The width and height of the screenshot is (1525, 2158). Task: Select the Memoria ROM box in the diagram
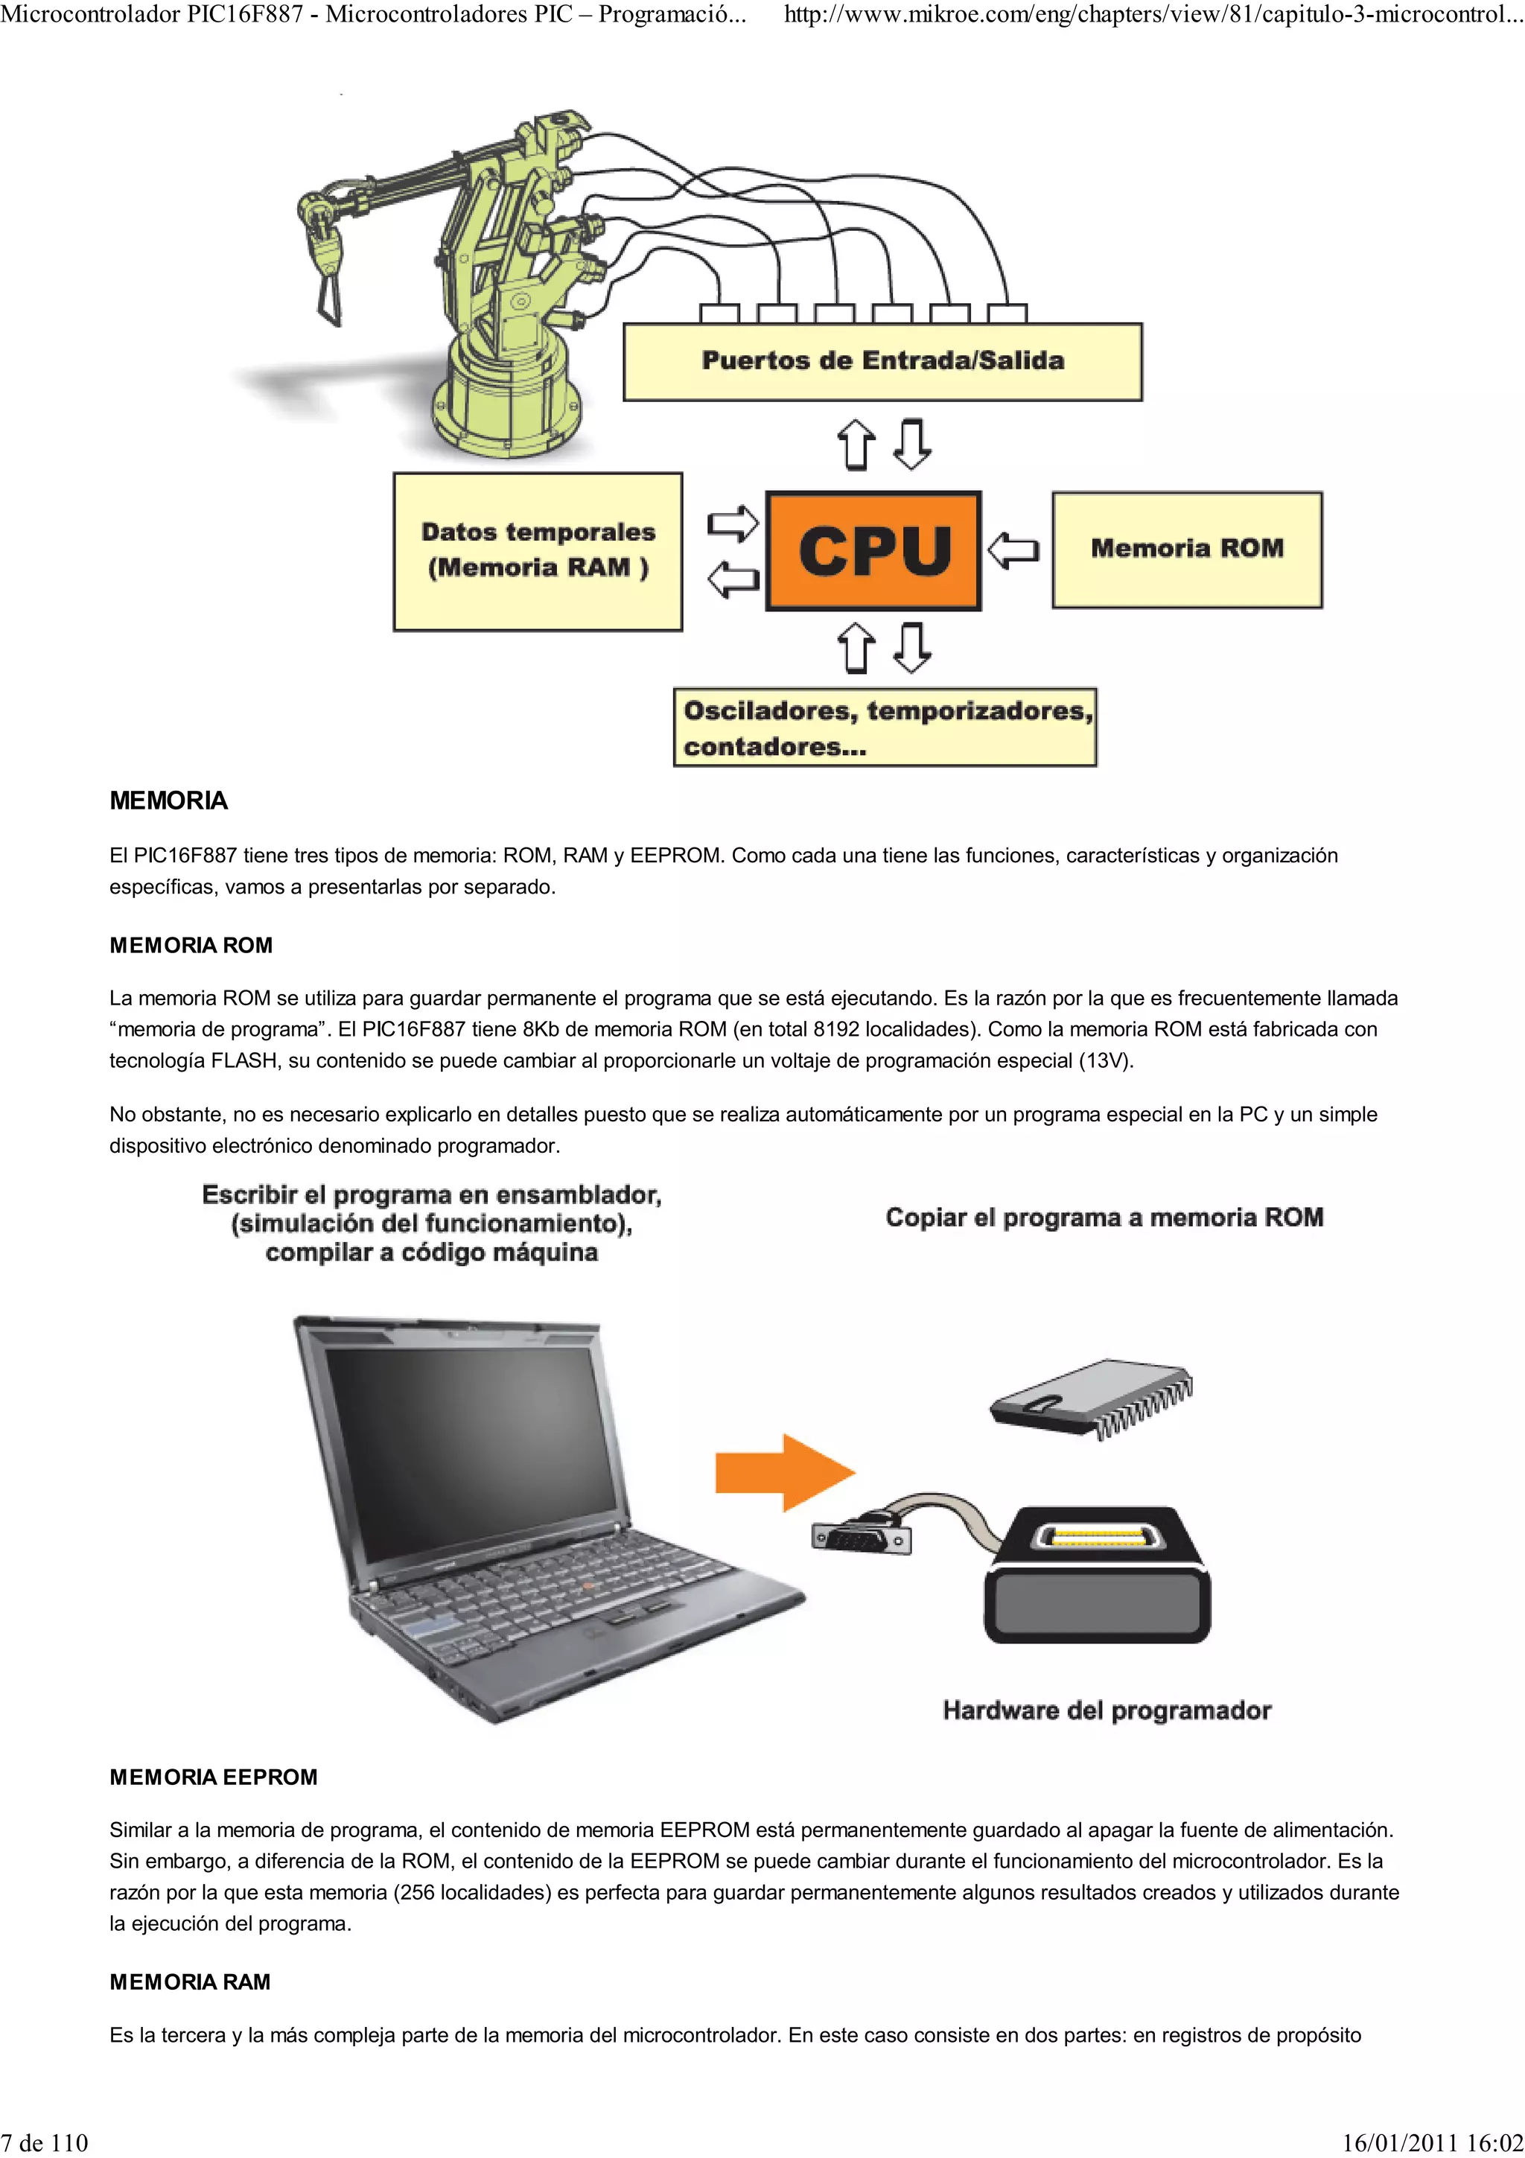1187,550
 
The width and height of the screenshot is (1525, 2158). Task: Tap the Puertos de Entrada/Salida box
882,362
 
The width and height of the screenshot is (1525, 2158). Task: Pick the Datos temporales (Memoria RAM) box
538,551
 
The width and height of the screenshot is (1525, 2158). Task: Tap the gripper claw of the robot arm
326,282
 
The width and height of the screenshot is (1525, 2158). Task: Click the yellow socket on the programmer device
1095,1538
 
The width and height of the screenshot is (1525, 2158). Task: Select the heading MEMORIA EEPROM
213,1777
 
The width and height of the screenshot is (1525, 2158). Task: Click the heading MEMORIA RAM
190,1982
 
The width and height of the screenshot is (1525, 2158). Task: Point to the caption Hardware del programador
1107,1710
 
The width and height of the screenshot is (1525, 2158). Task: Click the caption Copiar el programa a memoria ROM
1104,1218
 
